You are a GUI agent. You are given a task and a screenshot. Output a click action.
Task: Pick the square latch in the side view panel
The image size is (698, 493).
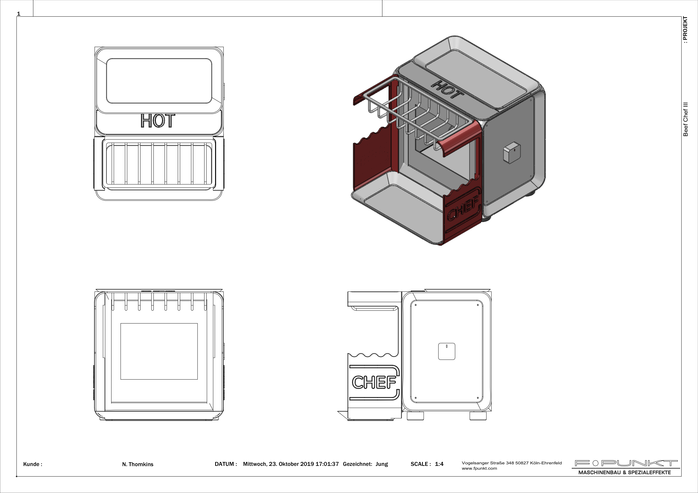[447, 351]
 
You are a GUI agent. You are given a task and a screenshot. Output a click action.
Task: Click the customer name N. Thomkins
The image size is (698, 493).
[138, 464]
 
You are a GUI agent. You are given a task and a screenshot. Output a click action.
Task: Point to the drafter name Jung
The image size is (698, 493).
[382, 464]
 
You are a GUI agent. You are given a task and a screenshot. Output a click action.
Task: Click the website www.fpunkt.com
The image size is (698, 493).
[479, 468]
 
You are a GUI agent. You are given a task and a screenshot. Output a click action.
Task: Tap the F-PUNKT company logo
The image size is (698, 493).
[626, 463]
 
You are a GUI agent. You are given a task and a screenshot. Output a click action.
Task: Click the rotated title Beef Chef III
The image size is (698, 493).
[685, 119]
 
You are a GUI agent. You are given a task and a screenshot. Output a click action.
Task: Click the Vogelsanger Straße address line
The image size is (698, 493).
[512, 463]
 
